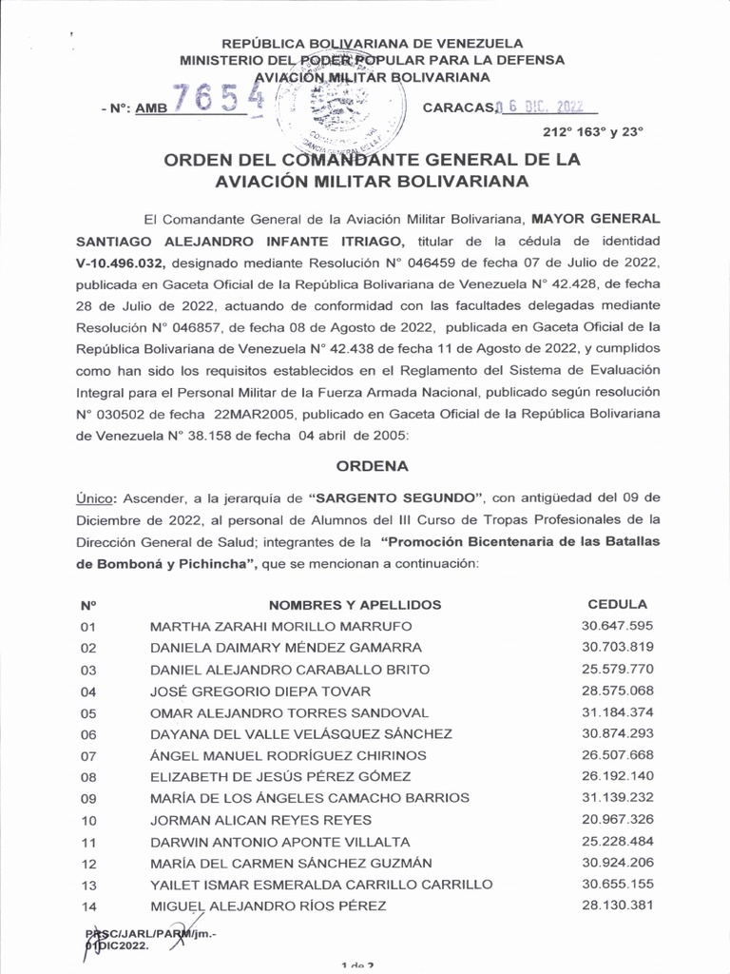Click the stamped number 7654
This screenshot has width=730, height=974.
[218, 98]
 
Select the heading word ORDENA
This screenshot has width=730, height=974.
[373, 466]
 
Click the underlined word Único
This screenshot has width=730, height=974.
[95, 497]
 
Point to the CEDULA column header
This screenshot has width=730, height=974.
[617, 604]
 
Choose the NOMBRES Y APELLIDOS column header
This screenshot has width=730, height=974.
[355, 605]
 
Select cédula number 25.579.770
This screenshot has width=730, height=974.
[617, 669]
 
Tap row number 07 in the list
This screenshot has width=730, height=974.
[89, 756]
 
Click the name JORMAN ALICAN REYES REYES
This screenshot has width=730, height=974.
[260, 820]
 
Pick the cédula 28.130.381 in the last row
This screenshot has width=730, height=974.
[617, 905]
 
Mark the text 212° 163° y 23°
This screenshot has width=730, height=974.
[593, 133]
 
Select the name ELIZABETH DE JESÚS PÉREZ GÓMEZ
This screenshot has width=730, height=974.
[281, 777]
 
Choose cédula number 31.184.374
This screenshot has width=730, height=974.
[617, 711]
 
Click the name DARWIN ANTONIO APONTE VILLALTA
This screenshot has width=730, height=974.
[280, 842]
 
